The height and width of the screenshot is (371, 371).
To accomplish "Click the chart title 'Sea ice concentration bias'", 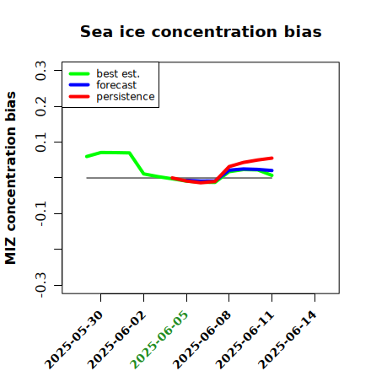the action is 201,31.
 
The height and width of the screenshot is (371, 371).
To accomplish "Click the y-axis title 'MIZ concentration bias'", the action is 10,178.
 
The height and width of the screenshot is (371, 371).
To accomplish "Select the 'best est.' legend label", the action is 118,73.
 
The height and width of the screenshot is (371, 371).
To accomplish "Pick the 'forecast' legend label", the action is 116,85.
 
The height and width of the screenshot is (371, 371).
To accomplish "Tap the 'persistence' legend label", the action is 126,97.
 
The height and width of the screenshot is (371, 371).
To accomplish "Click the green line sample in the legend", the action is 79,74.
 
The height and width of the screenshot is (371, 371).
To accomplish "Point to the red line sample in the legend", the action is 79,97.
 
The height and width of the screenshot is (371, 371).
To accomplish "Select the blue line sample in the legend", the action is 79,85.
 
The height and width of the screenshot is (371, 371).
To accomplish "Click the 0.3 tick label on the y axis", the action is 40,71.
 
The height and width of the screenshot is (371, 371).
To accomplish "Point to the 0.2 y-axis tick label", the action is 40,106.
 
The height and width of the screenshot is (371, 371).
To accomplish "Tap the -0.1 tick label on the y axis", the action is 40,214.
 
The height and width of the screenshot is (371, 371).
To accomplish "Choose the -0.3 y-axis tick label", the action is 40,285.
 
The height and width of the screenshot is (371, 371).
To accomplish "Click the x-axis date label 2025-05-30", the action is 74,340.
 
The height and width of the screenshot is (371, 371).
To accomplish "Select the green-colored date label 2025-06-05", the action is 159,340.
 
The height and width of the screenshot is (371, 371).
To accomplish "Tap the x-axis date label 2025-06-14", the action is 288,340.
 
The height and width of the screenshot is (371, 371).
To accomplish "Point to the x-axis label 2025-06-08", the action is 202,340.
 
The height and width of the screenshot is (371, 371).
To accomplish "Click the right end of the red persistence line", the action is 272,159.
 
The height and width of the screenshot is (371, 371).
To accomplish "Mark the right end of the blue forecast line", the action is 272,170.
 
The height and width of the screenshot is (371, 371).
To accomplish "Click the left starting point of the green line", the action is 87,157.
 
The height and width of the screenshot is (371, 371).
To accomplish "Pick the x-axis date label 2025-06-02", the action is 116,340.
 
